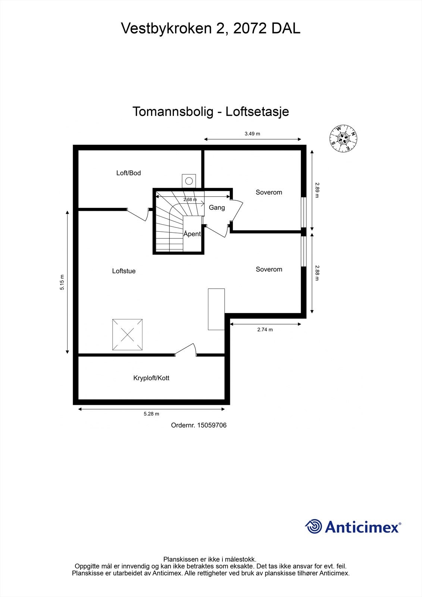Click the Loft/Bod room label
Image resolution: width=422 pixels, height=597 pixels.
pos(128,173)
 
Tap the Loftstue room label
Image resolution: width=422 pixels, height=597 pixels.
pos(124,271)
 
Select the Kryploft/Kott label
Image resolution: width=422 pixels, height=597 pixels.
pos(151,378)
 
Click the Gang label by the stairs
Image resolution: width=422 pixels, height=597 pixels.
pos(216,207)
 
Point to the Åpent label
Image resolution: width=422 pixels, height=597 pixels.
pos(192,234)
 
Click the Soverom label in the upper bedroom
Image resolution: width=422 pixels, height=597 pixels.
pos(269,193)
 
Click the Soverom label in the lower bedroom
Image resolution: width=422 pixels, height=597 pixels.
pos(269,269)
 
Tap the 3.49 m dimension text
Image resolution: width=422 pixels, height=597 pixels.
pos(252,134)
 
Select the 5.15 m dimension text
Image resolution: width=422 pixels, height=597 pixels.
pos(62,282)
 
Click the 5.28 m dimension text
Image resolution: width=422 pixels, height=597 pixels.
pos(151,414)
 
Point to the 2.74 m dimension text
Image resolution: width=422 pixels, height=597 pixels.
pos(265,330)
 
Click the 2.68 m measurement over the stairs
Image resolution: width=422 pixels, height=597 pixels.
pos(190,200)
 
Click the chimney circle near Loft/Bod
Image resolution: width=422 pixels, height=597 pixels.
pos(189,181)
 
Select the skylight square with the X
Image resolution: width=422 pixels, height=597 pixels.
pos(128,335)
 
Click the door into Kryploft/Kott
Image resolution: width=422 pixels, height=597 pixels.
pos(186,350)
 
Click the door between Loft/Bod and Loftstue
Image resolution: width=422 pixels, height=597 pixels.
pos(138,215)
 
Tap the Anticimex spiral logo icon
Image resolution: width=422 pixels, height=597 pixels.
pos(313,527)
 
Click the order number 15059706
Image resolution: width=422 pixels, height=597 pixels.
pos(212,425)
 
